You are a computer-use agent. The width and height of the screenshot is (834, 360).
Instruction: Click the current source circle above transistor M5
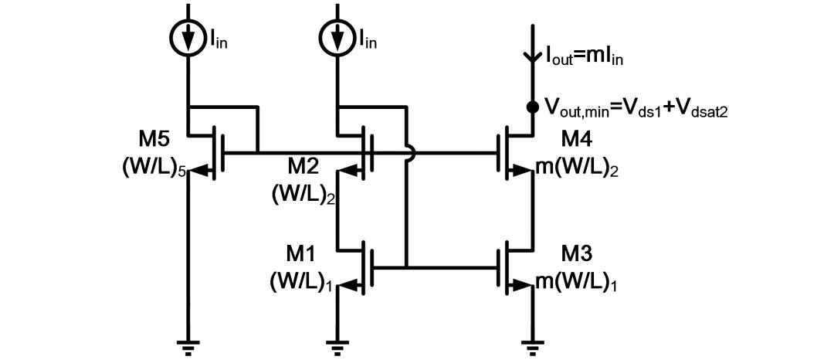[x=188, y=39]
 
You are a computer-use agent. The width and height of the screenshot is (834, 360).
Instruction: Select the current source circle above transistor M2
[x=337, y=39]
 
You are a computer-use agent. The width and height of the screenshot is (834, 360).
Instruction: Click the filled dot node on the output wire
[x=532, y=107]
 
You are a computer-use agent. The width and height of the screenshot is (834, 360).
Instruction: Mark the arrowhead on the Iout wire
[x=532, y=56]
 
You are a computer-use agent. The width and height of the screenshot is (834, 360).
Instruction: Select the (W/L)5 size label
[x=154, y=168]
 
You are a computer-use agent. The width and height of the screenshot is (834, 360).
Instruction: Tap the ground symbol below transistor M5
[x=188, y=347]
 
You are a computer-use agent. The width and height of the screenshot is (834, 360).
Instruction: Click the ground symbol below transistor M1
[x=337, y=347]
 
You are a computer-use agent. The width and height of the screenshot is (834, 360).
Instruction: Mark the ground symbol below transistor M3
[x=532, y=347]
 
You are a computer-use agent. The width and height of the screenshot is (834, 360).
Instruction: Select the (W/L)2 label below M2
[x=303, y=194]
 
